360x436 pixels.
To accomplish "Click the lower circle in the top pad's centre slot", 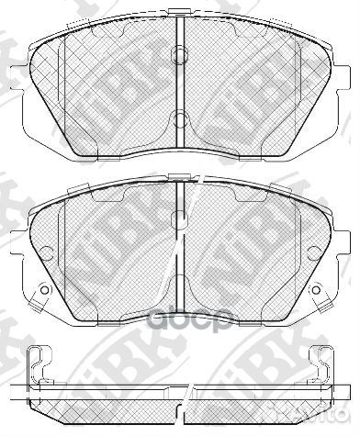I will (181, 117).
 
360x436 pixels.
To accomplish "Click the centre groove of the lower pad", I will (181, 248).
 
